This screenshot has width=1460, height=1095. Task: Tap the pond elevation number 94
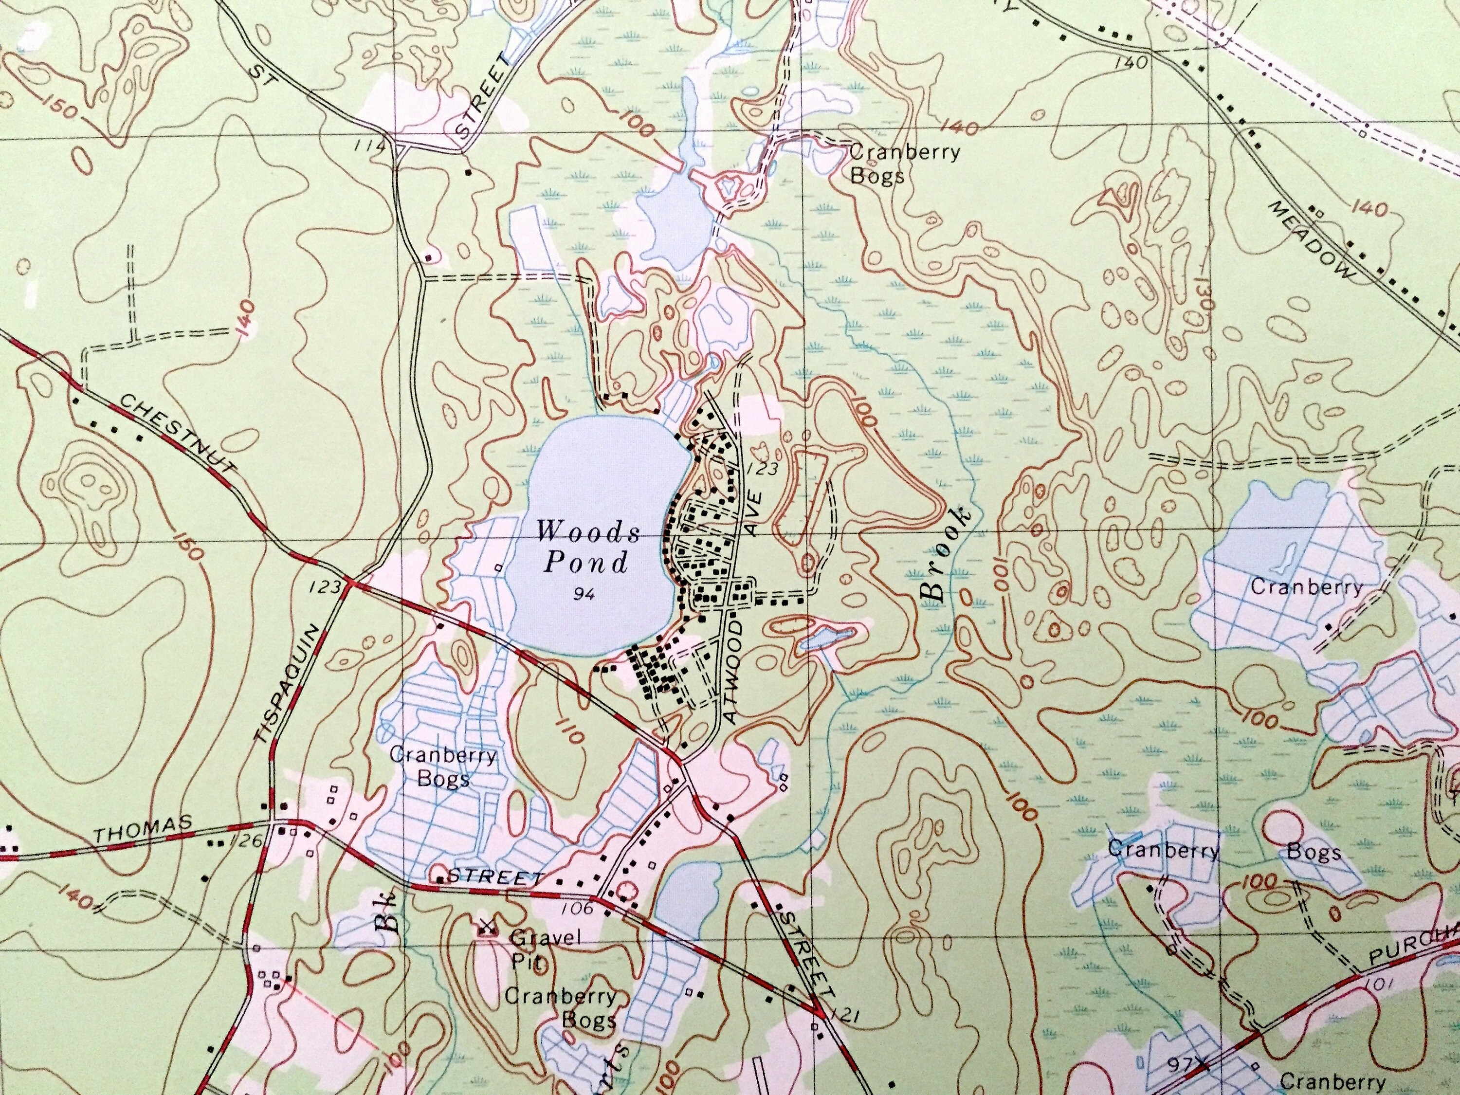(x=584, y=595)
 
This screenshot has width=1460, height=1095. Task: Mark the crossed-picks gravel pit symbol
(x=487, y=928)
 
